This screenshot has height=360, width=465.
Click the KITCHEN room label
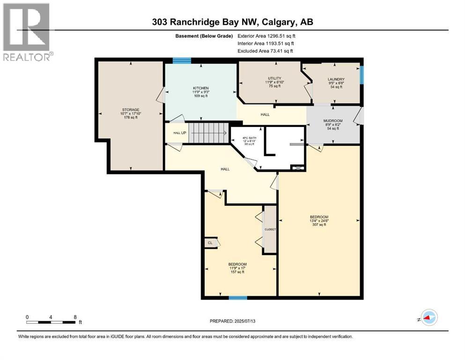tap(200, 88)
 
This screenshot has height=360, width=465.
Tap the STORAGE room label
tap(131, 110)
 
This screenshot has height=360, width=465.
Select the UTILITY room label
tap(274, 78)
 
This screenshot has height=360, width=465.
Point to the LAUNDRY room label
tap(336, 79)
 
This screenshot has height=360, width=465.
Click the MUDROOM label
tap(333, 120)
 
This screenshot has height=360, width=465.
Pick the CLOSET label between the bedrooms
tap(270, 229)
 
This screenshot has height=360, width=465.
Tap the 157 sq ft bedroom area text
tap(237, 272)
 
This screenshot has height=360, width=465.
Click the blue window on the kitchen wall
tap(182, 60)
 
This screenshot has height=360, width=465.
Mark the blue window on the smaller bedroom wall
tap(238, 297)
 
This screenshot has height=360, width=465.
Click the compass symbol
tap(428, 319)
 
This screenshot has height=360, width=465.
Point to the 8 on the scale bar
tap(75, 316)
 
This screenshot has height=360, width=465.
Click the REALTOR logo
tap(27, 31)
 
